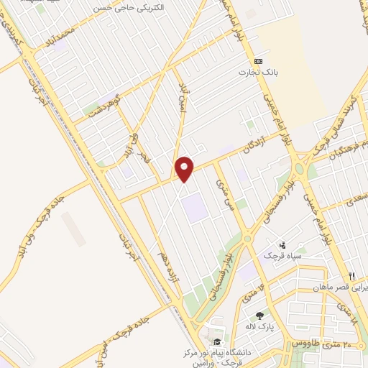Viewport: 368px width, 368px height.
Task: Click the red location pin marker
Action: (x=185, y=169)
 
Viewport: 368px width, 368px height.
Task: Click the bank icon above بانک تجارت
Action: (x=259, y=61)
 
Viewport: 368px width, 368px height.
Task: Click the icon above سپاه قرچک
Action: (x=282, y=245)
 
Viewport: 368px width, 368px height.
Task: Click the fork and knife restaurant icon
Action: (x=351, y=276)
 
